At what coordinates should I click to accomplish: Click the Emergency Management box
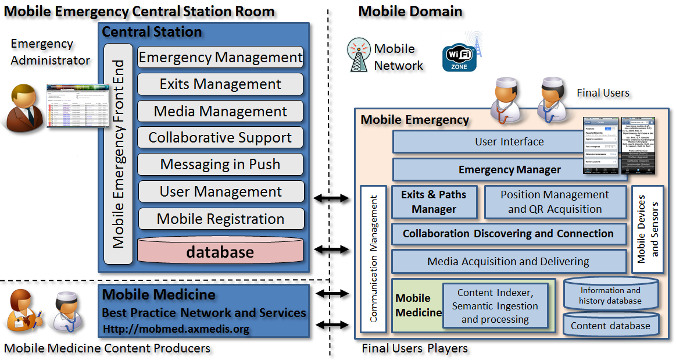tap(220, 58)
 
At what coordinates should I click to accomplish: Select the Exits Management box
tap(220, 84)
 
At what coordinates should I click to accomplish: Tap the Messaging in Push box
tap(220, 165)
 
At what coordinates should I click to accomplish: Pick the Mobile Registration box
tap(220, 219)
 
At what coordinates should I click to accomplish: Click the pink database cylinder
tap(220, 251)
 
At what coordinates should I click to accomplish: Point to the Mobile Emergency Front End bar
tap(119, 154)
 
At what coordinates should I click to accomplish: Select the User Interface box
tap(487, 142)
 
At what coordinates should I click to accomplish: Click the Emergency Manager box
tap(487, 170)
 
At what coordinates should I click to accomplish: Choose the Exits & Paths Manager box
tap(434, 202)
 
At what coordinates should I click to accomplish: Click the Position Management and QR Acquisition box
tap(555, 202)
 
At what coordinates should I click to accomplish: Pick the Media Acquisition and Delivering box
tap(508, 262)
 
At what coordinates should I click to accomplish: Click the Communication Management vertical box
tap(373, 259)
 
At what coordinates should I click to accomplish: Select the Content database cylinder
tap(610, 325)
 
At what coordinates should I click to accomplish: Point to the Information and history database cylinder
tap(610, 294)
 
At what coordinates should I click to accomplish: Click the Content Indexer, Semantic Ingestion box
tap(495, 306)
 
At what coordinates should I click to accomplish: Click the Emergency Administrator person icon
tap(24, 106)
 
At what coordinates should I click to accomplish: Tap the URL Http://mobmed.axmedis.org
tap(176, 329)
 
